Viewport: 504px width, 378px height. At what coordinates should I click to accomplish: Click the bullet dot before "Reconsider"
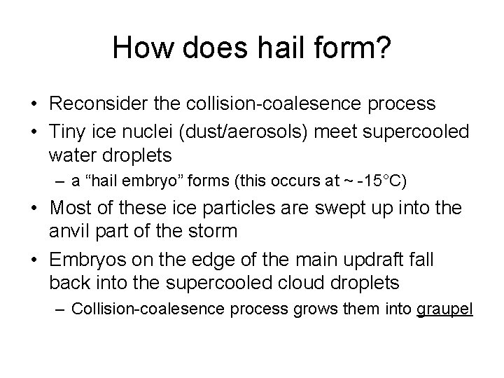click(34, 104)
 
